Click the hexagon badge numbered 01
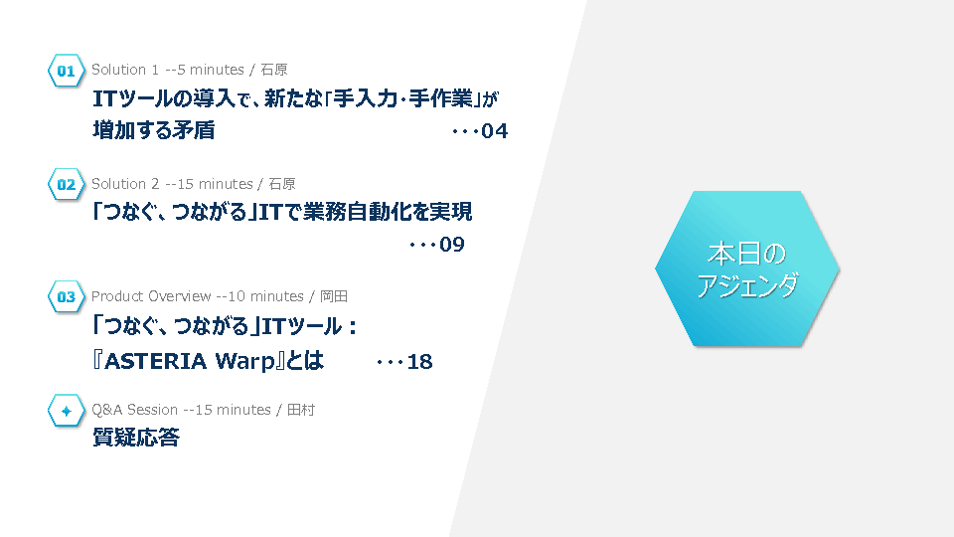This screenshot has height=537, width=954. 66,71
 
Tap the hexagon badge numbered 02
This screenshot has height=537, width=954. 66,185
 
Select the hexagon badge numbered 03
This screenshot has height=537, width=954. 66,297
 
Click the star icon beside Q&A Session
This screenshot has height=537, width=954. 66,411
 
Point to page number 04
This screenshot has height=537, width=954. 494,131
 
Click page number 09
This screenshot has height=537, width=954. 452,245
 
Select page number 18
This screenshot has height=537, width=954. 419,362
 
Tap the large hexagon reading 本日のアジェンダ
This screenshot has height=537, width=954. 747,268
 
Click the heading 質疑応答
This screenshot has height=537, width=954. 136,438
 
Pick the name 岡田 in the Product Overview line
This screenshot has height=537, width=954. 334,296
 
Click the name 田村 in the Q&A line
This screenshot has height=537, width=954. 301,410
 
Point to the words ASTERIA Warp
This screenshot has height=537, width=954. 190,362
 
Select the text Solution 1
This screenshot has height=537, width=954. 125,70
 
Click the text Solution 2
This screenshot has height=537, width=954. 125,184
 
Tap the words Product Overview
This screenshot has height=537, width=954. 151,296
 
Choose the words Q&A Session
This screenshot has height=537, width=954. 134,410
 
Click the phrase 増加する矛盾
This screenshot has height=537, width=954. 154,130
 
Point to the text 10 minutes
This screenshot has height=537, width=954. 266,296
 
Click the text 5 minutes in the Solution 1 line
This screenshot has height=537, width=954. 211,70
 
